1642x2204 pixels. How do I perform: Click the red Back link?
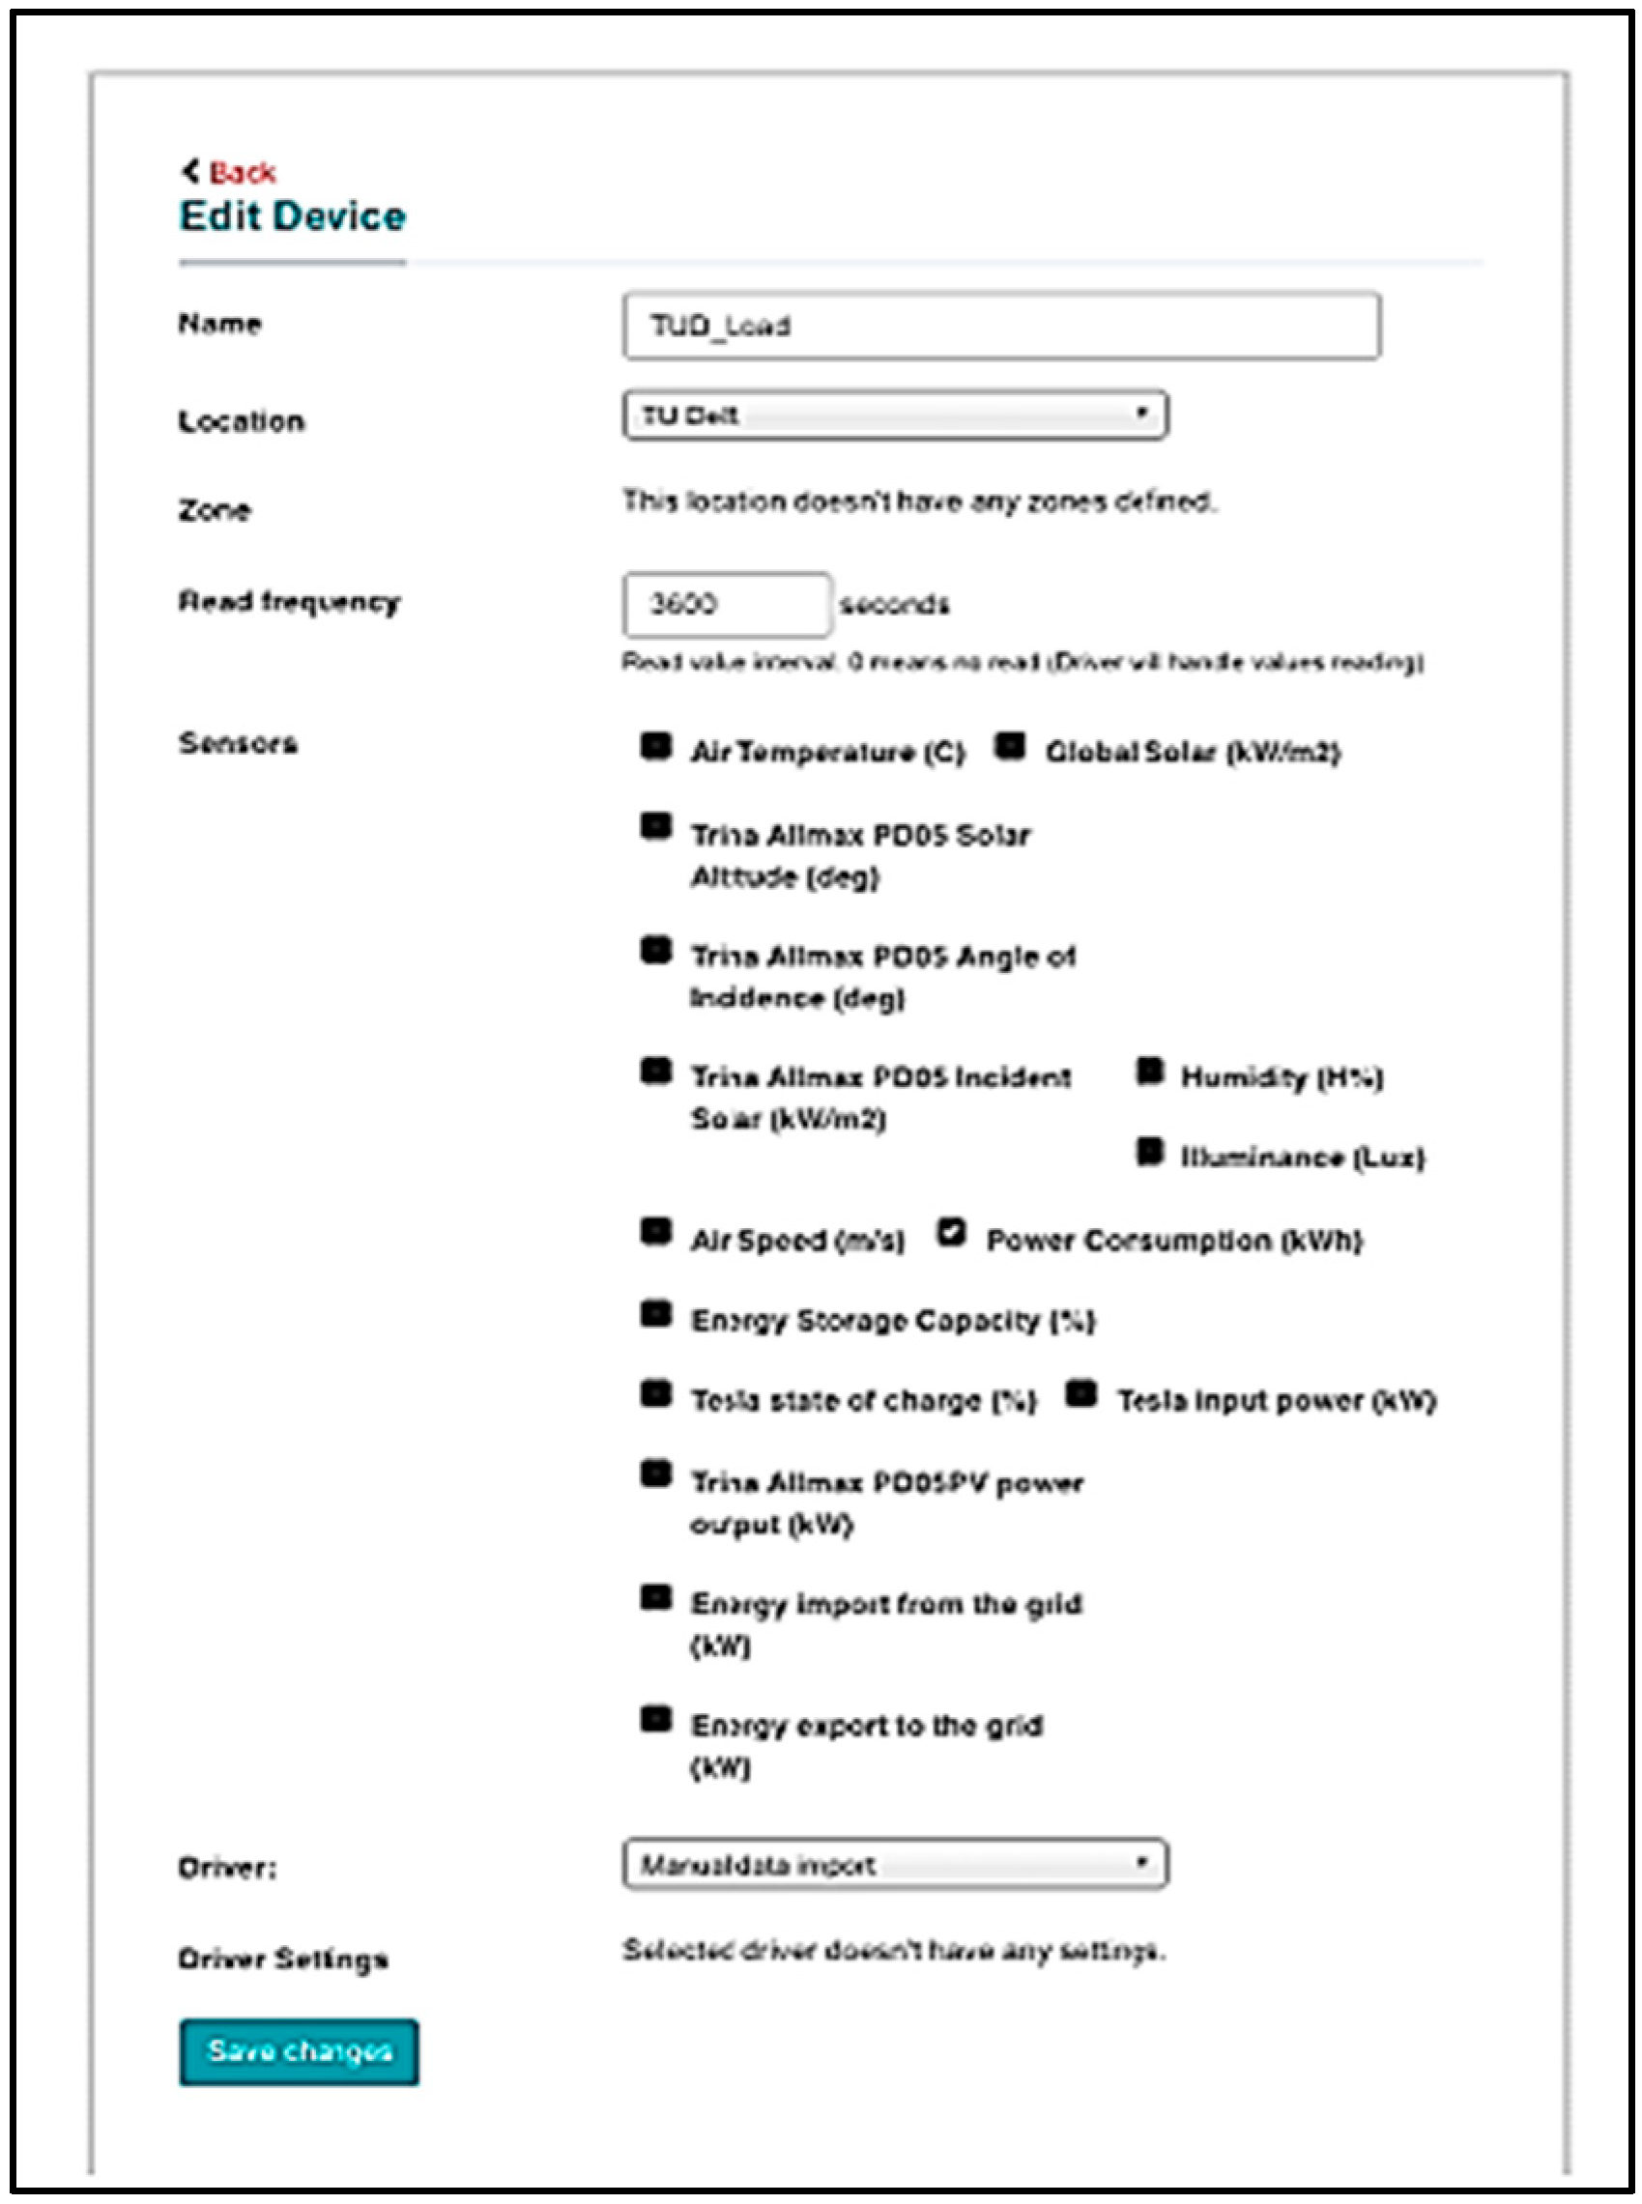[x=242, y=173]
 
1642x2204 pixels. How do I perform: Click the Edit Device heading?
[x=292, y=216]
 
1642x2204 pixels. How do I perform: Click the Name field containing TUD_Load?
[x=1001, y=326]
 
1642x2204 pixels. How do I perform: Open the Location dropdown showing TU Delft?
[x=895, y=415]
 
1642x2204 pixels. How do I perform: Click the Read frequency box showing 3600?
[x=727, y=604]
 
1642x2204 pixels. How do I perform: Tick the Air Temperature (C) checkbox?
[x=656, y=745]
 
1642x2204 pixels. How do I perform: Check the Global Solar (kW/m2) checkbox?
[x=1010, y=745]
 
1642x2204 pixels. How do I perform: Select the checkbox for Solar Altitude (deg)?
[x=656, y=827]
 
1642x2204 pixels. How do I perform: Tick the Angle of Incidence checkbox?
[x=656, y=950]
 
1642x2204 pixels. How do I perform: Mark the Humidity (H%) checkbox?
[x=1150, y=1072]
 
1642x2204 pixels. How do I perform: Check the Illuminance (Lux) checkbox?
[x=1150, y=1152]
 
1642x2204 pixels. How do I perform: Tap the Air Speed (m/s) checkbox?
[x=656, y=1232]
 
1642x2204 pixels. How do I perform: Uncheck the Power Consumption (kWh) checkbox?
[x=951, y=1232]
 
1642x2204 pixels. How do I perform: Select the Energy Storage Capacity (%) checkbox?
[x=656, y=1314]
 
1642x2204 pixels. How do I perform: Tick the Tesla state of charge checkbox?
[x=656, y=1394]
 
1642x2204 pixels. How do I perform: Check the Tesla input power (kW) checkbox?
[x=1081, y=1394]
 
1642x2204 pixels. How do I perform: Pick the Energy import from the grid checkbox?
[x=656, y=1598]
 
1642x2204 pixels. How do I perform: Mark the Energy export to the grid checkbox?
[x=656, y=1719]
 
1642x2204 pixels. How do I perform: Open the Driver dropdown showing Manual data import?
[x=895, y=1864]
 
